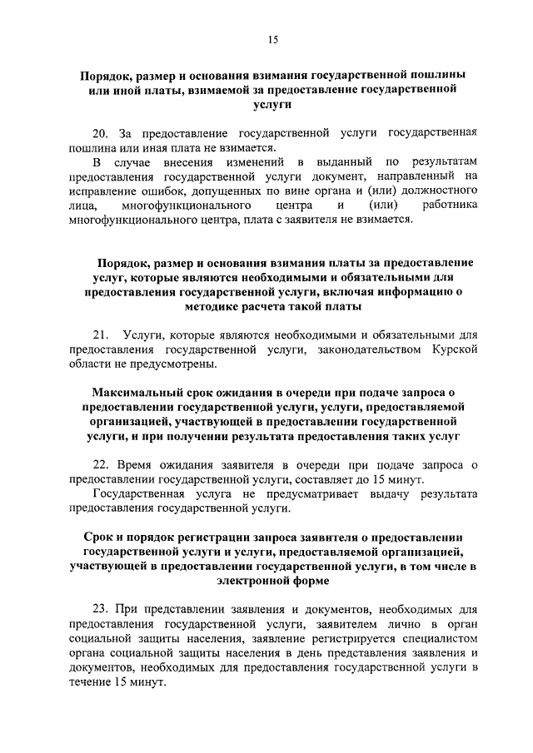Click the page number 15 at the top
pyautogui.click(x=272, y=40)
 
